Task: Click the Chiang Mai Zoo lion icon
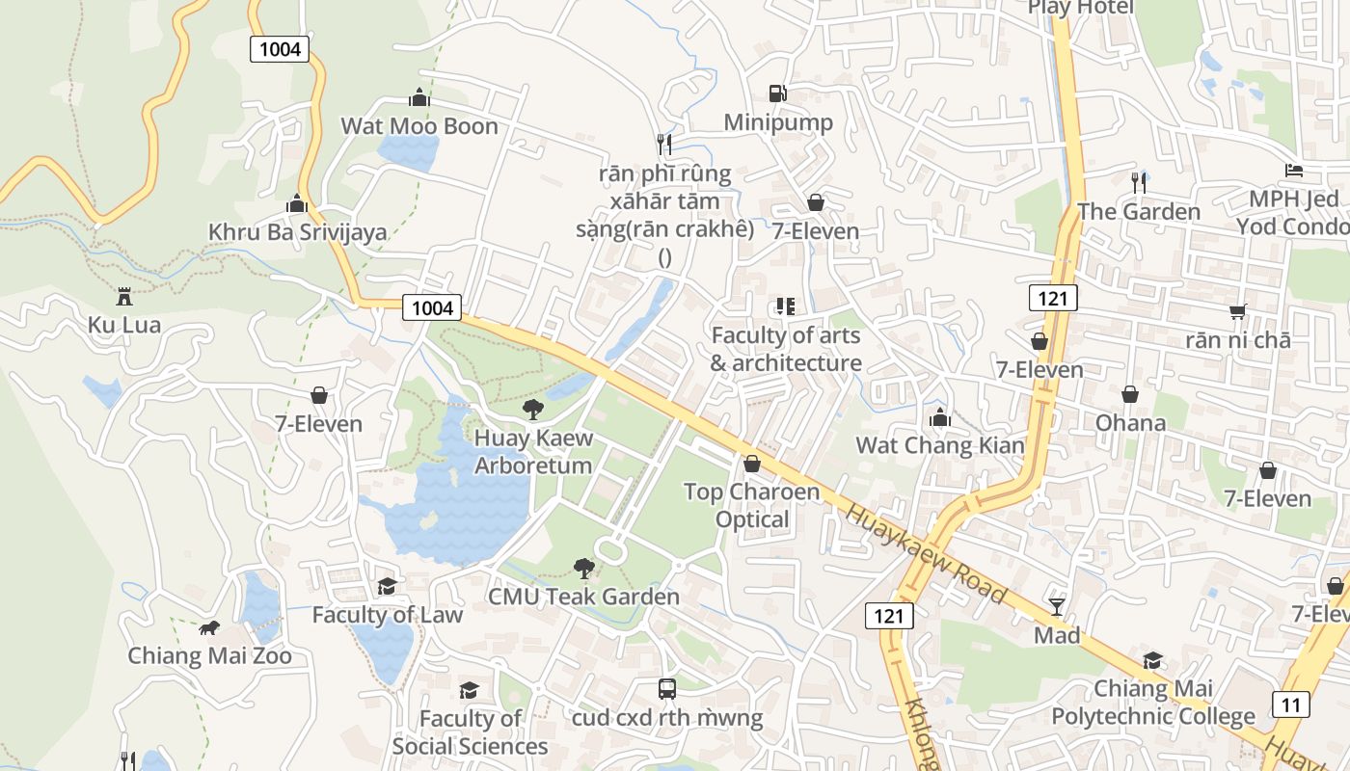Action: point(208,628)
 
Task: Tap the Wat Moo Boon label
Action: point(419,126)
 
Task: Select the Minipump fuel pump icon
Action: point(777,93)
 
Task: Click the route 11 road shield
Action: point(1290,705)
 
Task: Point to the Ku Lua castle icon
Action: point(123,296)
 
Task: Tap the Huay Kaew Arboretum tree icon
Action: point(532,410)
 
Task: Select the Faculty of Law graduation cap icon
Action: point(387,586)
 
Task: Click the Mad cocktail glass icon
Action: point(1057,606)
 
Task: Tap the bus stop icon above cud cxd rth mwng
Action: point(667,688)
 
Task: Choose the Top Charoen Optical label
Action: point(752,505)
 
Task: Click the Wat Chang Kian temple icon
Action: point(940,417)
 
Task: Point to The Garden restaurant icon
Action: point(1139,181)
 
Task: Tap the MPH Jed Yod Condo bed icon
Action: point(1294,171)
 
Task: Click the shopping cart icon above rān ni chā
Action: point(1238,311)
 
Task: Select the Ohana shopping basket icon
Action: point(1130,394)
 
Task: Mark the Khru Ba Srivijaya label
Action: point(298,232)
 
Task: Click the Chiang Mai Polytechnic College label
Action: point(1153,703)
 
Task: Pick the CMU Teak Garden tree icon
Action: point(583,568)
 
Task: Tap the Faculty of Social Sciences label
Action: point(470,732)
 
